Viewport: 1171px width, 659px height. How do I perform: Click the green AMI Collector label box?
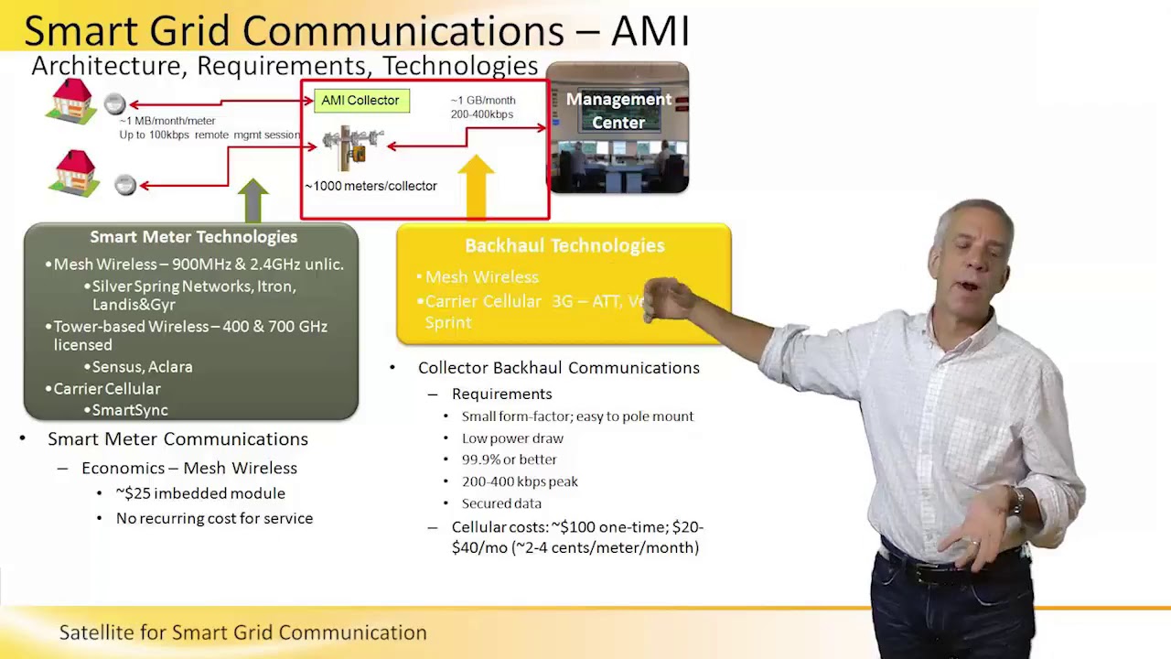360,101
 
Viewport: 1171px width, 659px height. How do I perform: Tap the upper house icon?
71,101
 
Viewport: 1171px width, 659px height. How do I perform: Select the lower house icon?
74,173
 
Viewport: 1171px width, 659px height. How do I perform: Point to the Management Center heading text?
618,111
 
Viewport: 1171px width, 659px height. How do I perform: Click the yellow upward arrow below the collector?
476,188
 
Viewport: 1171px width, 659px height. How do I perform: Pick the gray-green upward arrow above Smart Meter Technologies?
253,200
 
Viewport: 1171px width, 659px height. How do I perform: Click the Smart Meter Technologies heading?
193,237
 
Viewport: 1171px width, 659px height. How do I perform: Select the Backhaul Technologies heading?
564,245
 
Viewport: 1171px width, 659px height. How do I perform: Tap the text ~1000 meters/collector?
371,186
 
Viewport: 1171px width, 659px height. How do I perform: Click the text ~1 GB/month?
483,101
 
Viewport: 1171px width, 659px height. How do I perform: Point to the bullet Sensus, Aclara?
142,367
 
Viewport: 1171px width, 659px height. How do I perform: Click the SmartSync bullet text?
129,410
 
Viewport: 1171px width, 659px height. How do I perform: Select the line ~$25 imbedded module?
200,493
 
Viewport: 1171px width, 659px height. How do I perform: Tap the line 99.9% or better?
509,459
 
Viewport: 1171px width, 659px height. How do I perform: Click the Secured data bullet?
501,503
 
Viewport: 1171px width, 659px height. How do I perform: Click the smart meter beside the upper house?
114,104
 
